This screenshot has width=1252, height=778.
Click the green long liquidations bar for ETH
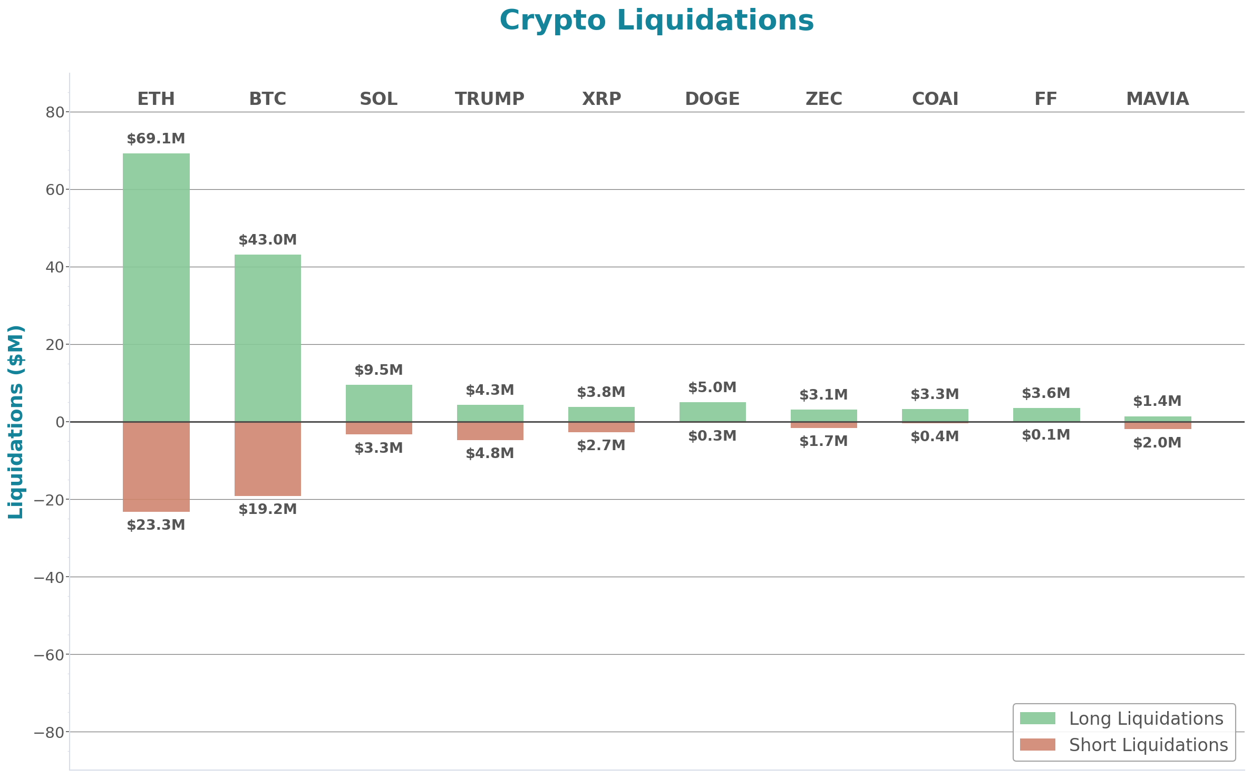coord(156,287)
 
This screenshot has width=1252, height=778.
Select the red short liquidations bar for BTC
coord(267,459)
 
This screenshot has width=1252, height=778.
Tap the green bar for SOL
coord(378,403)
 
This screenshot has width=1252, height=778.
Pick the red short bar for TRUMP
coord(490,431)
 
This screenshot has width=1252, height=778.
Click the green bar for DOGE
coord(712,412)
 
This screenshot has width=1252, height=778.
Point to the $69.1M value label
coord(156,139)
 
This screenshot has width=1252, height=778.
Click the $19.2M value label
coord(267,509)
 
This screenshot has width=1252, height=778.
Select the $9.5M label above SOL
coord(378,370)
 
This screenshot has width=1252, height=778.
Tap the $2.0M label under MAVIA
coord(1157,443)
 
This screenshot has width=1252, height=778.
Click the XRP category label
coord(601,99)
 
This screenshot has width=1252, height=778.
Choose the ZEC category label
coord(823,99)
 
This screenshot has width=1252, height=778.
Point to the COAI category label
coord(935,99)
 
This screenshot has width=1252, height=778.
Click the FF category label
coord(1046,99)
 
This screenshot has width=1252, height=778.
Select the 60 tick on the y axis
coord(55,190)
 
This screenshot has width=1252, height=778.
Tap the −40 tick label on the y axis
coord(49,577)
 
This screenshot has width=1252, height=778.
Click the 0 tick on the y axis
coord(60,422)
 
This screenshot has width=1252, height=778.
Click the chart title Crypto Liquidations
coord(656,21)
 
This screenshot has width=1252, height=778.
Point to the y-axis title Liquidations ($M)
coord(16,422)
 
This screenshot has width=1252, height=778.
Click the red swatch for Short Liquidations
coord(1037,744)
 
